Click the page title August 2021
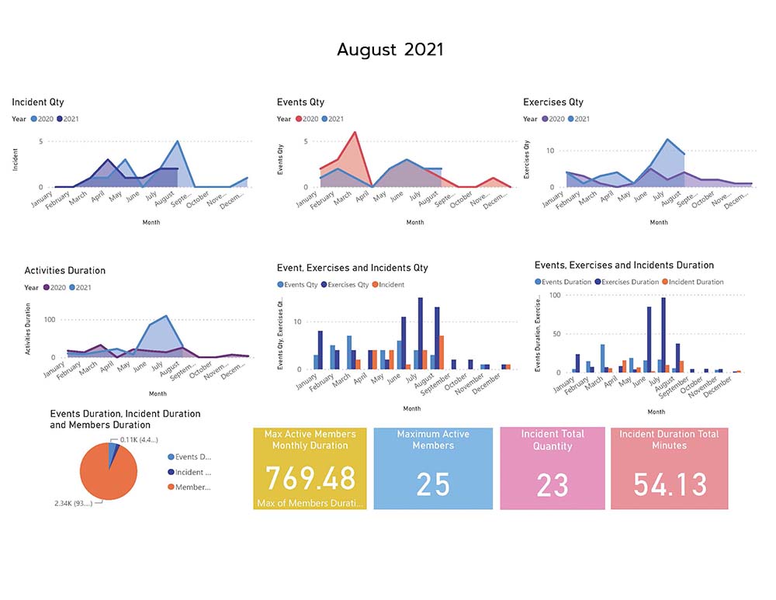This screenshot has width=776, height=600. tap(390, 50)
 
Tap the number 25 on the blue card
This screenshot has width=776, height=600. tap(433, 484)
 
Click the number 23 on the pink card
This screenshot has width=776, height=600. tap(553, 485)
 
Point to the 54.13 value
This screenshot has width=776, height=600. tap(670, 484)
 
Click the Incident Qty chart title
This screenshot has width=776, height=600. tap(38, 102)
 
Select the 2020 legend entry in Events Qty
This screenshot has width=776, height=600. tap(307, 119)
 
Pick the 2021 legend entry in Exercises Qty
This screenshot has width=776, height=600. tap(577, 119)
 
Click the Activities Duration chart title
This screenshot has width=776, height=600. tap(65, 270)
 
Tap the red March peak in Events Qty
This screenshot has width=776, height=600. tap(355, 133)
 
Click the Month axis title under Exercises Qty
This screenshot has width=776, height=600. tap(659, 222)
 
